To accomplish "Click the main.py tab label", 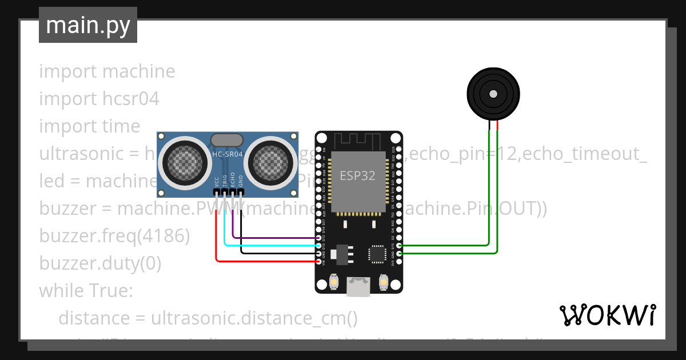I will point(87,25).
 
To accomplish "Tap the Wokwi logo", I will point(607,315).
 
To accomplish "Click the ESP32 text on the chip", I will point(358,175).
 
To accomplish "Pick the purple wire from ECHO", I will point(274,238).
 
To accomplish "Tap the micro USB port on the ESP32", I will point(359,287).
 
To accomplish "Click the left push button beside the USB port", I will point(334,282).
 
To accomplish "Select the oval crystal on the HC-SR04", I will point(228,140).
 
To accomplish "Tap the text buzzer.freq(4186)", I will point(114,236).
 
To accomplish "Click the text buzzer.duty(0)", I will point(100,263).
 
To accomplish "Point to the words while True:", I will point(86,291).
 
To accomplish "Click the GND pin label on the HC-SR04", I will point(241,182).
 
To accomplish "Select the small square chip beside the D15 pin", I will point(377,254).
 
